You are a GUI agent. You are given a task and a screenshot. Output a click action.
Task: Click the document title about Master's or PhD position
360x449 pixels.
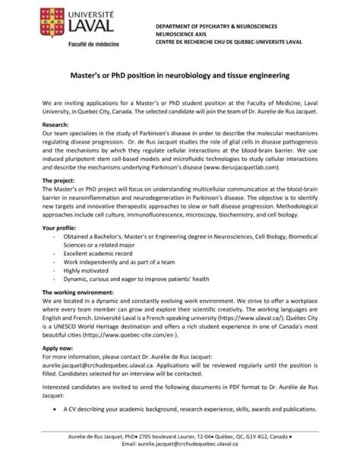pos(179,76)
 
